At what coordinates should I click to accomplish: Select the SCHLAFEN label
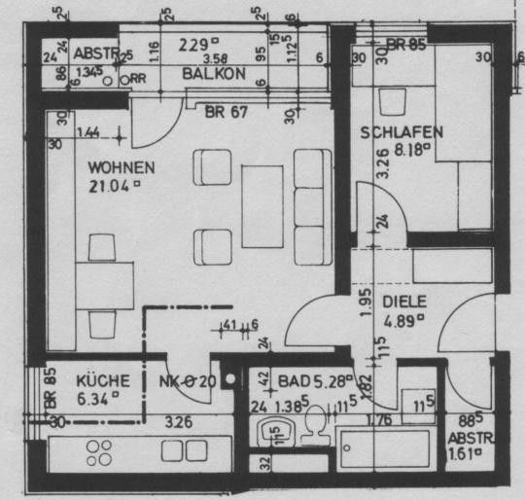[x=402, y=132]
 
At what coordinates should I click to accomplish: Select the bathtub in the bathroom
[x=383, y=448]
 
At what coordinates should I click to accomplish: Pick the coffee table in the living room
[x=261, y=206]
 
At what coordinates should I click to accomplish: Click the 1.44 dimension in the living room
[x=88, y=131]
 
